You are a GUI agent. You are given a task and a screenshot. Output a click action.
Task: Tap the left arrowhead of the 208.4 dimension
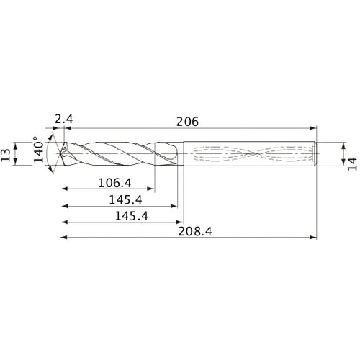pos(63,237)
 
